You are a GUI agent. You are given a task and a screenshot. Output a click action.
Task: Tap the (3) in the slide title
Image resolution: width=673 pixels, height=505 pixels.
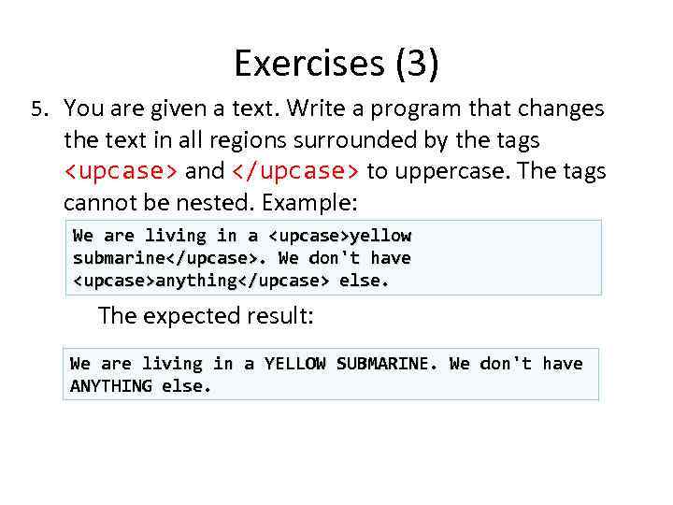[417, 64]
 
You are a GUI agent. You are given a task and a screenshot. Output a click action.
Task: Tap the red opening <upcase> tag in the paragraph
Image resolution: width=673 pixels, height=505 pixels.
[122, 172]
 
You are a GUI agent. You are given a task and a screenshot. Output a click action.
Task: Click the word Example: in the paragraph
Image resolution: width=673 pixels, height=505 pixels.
[314, 203]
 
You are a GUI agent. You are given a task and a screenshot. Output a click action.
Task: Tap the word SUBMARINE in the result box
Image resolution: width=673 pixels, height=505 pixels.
[386, 364]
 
